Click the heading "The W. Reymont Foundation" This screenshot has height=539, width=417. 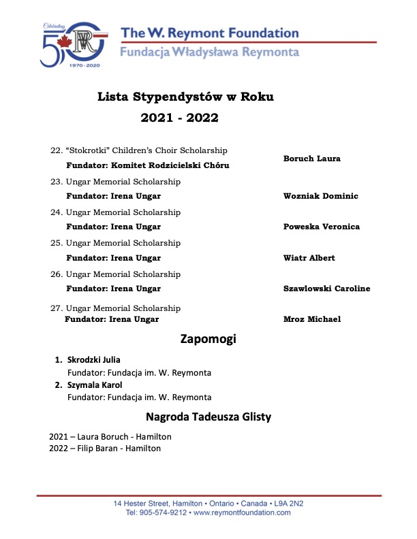coord(209,33)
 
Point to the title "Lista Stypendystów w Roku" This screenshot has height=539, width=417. coord(186,97)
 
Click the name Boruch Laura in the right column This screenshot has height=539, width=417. coord(311,159)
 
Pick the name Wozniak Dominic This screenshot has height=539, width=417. coord(320,196)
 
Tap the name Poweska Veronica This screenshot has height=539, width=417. coord(321,227)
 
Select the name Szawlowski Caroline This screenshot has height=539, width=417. coord(326,289)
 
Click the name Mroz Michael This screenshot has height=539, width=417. coord(311,319)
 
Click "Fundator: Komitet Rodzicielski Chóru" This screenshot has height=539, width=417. coord(147,165)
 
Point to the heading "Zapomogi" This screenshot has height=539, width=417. coord(208,338)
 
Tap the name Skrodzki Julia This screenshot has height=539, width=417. coord(93,359)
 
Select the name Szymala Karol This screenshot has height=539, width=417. coord(95,385)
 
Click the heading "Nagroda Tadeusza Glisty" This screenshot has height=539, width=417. coord(208,416)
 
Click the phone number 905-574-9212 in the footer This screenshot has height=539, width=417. coord(162,512)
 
